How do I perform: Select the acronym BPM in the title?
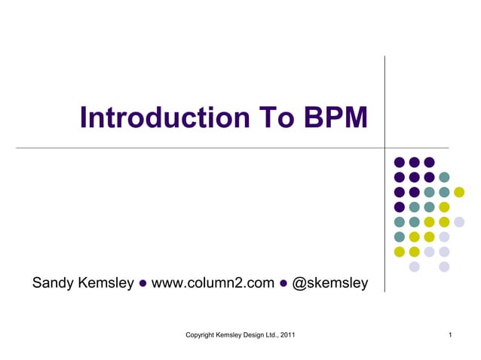tap(335, 118)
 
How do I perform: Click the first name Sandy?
tap(54, 283)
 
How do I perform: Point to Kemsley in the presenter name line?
tap(107, 283)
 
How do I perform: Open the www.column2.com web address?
tap(213, 283)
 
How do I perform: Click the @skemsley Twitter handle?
tap(330, 283)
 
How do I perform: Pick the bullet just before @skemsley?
tap(283, 284)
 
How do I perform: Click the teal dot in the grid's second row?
tap(444, 177)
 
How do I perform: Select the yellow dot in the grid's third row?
tap(459, 192)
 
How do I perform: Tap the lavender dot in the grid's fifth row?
tap(459, 221)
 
